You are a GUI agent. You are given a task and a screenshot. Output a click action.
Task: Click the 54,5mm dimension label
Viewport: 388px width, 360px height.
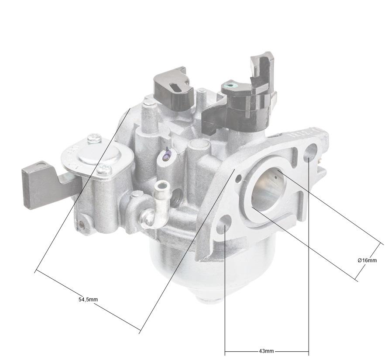[x=88, y=300]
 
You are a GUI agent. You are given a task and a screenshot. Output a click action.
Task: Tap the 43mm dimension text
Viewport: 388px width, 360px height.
[x=266, y=351]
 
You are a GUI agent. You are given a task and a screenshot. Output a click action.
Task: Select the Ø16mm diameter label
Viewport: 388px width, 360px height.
[x=367, y=260]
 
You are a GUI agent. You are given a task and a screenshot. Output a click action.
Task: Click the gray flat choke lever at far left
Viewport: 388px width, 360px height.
[x=37, y=184]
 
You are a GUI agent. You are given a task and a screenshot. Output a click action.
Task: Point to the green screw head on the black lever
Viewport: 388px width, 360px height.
[x=228, y=84]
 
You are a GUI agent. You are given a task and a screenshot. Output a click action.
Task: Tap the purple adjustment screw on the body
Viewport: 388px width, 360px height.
[x=166, y=153]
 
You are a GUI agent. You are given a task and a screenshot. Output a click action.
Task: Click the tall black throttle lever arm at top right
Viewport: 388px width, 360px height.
[x=262, y=70]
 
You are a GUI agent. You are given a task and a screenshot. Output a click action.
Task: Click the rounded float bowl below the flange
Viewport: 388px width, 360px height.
[x=183, y=267]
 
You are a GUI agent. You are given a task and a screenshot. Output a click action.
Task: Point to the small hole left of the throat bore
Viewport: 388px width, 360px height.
[x=239, y=179]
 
